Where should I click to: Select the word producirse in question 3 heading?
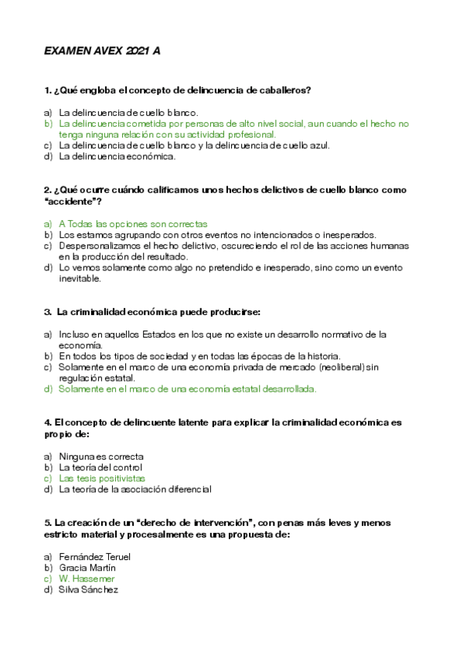235,312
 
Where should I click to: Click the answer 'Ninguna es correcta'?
101,456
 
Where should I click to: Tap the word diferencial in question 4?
187,489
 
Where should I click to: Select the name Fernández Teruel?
94,557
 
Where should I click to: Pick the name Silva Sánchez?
88,589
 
